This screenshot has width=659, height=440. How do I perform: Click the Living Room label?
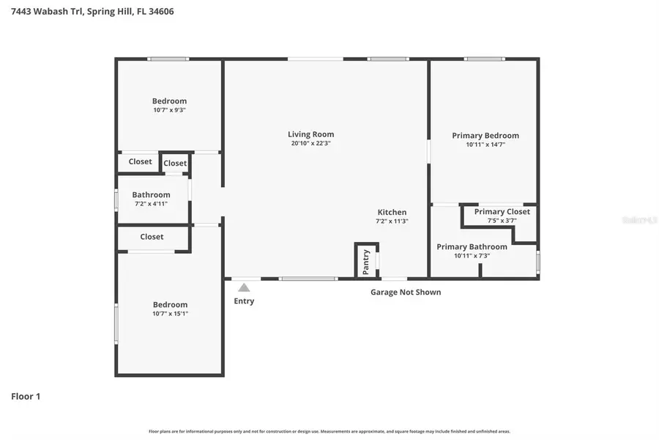coord(310,134)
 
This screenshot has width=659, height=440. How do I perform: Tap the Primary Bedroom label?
coord(485,136)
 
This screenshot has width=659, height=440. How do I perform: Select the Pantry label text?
coord(366,260)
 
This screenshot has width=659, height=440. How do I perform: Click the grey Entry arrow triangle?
coord(244,287)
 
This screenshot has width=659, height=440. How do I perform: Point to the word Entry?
coord(244,301)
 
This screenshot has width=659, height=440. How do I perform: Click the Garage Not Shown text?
coord(405,292)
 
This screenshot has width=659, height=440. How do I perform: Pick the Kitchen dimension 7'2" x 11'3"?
coord(391,221)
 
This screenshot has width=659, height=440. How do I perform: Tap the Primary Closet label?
coord(502,212)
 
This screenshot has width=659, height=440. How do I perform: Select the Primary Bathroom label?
coord(472,247)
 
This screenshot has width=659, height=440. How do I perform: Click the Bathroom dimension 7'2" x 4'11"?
coord(151,204)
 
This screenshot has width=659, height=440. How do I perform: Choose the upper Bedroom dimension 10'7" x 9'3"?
coord(169,110)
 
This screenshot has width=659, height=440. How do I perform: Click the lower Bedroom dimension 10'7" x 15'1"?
coord(170,314)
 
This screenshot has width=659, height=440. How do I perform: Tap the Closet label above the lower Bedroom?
coord(152,237)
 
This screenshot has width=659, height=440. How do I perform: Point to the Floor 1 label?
coord(26,397)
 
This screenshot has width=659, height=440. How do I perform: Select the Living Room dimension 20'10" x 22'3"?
coord(310,144)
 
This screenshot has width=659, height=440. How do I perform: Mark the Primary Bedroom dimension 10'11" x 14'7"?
coord(485,145)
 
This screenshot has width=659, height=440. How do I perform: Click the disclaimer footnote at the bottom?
coord(329,432)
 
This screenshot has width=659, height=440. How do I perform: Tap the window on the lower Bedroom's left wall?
coord(116,323)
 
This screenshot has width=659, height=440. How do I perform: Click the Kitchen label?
coord(392,213)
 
